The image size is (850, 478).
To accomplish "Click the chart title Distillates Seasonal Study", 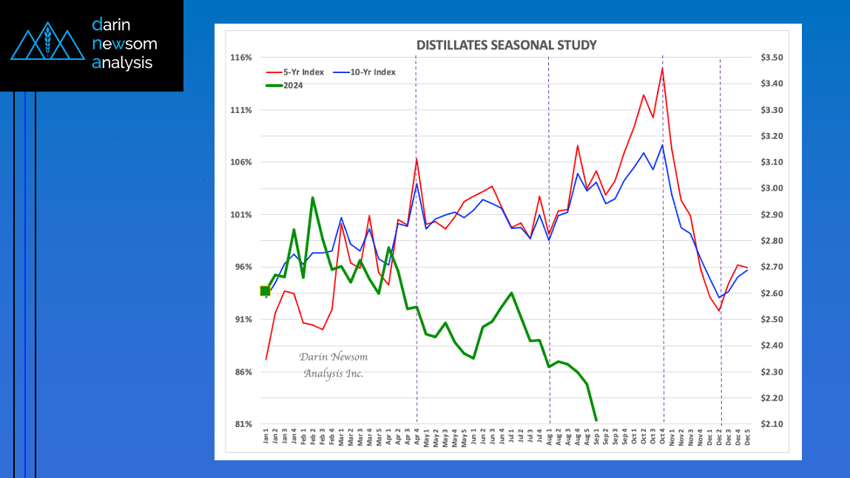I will (506, 45).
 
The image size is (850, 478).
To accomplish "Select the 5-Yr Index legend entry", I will (303, 72).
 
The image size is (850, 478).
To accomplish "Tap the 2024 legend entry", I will (292, 85).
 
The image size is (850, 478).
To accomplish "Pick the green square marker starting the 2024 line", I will (266, 291).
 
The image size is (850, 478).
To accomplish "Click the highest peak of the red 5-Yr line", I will (662, 68).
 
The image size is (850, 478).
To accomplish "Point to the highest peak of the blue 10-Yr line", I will (662, 145).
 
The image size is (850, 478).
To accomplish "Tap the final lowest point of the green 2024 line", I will (596, 420).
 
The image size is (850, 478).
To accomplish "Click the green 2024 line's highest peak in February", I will (312, 197).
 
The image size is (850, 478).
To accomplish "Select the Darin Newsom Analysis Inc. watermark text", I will (333, 365).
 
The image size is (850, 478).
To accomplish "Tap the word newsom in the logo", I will (124, 44).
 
